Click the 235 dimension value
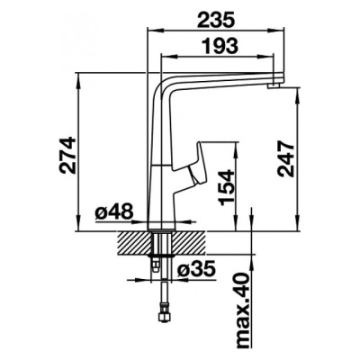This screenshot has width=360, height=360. click(x=215, y=19)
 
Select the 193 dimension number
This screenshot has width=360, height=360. click(x=220, y=45)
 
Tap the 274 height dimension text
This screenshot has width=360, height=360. click(x=67, y=156)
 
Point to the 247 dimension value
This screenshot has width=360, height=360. click(x=285, y=158)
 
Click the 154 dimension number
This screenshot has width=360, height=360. click(x=227, y=188)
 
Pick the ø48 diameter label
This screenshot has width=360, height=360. click(x=113, y=212)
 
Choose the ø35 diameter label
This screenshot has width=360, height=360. click(x=196, y=268)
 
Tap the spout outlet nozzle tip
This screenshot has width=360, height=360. click(x=273, y=86)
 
